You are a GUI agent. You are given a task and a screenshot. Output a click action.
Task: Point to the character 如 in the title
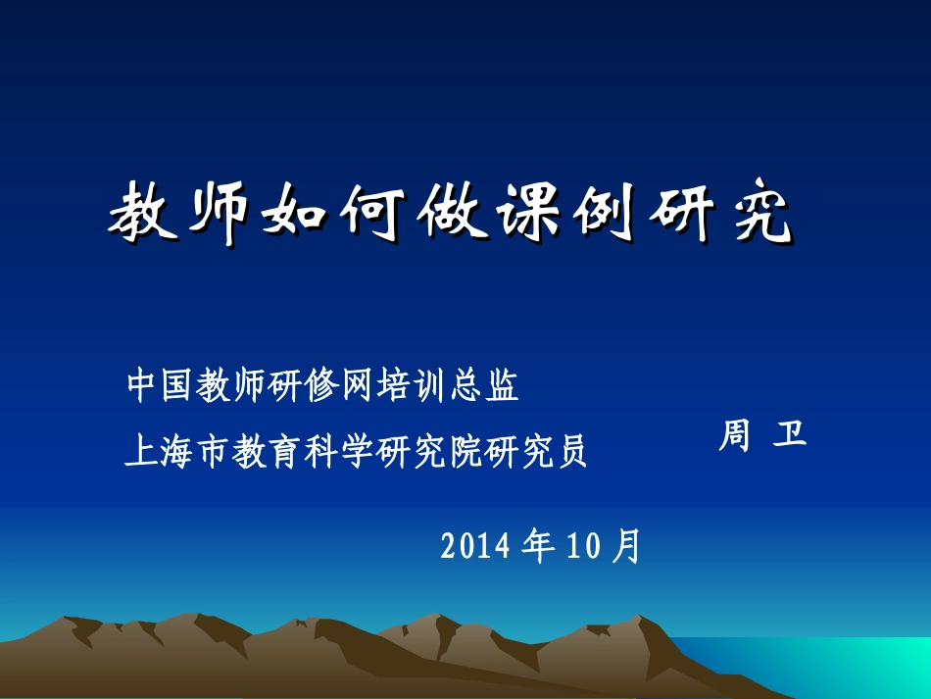tap(295, 211)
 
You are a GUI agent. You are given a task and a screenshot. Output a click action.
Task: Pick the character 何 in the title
tap(372, 211)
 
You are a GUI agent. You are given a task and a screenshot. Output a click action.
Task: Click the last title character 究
tap(761, 211)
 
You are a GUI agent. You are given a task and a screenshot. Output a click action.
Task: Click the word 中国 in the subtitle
tap(161, 385)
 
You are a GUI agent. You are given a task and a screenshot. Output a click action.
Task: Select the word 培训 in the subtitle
tap(412, 385)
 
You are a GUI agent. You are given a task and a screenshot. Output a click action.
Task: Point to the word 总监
tap(484, 385)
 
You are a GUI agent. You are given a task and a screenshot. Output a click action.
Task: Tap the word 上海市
tap(176, 451)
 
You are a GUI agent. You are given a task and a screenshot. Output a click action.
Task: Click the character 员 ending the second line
tap(571, 451)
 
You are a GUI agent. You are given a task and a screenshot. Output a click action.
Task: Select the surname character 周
tap(735, 435)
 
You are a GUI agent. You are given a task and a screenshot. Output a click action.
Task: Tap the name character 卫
tap(790, 433)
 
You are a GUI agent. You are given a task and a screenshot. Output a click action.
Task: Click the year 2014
tap(475, 546)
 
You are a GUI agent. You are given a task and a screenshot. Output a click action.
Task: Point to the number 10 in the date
tap(583, 546)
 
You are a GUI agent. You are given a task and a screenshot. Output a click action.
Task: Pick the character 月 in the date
tap(626, 546)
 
